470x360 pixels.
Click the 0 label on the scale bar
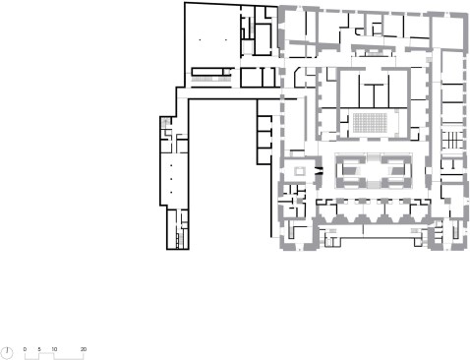25,349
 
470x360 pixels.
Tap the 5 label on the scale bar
39,349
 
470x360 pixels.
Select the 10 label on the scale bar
54,349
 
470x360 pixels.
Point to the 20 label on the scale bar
84,349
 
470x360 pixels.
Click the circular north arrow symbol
7,353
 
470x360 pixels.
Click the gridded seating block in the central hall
370,123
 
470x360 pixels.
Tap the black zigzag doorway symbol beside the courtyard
319,171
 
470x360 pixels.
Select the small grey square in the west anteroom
300,171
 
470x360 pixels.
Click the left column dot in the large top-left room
200,40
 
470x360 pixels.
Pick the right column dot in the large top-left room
226,40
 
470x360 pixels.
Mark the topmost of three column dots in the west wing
171,166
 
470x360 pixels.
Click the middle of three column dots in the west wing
171,179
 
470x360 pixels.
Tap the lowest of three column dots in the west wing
171,192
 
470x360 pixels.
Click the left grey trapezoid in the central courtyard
350,170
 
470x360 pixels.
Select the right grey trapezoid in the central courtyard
396,170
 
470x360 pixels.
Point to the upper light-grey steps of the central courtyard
374,157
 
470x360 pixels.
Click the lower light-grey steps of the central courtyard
374,184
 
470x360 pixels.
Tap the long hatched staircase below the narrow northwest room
211,80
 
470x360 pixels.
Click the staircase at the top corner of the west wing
165,122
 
